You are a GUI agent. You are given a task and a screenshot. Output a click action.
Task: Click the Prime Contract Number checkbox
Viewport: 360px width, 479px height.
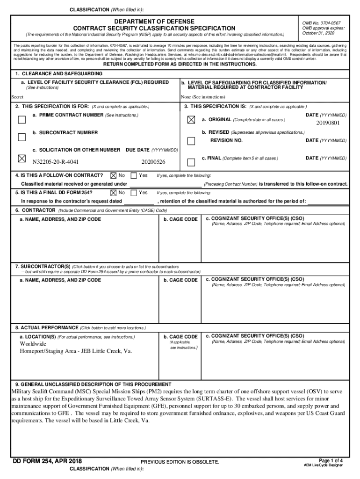(x=22, y=119)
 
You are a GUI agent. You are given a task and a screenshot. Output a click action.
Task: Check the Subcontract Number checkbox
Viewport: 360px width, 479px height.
(x=22, y=137)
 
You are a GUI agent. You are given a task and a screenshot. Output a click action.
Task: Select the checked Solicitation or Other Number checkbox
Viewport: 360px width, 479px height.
(x=22, y=159)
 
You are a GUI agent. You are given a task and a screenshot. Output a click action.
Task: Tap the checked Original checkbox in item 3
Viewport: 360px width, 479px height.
(x=191, y=120)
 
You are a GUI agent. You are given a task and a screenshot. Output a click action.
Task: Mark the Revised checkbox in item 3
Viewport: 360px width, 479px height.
(x=191, y=141)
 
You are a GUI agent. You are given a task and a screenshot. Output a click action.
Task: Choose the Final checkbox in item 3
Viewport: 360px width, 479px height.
(x=191, y=162)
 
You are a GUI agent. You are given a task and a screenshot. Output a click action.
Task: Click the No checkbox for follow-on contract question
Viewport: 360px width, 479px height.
(x=113, y=175)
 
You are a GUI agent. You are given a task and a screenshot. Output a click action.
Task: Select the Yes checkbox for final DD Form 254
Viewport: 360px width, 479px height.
(x=134, y=192)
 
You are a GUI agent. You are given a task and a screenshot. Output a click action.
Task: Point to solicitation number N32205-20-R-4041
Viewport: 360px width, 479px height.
(x=55, y=162)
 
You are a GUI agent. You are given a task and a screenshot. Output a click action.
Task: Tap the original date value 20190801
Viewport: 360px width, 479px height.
(x=328, y=123)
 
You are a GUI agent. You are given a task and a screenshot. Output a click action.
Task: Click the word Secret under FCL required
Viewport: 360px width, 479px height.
(x=18, y=97)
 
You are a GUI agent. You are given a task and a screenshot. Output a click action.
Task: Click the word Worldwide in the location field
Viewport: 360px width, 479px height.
(x=33, y=344)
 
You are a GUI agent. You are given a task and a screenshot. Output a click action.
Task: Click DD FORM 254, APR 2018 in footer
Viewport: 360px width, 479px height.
(x=47, y=462)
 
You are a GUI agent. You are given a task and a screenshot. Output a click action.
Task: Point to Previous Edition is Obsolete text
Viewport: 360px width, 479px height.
(x=180, y=462)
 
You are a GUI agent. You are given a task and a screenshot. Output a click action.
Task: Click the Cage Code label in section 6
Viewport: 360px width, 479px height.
(x=180, y=219)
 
